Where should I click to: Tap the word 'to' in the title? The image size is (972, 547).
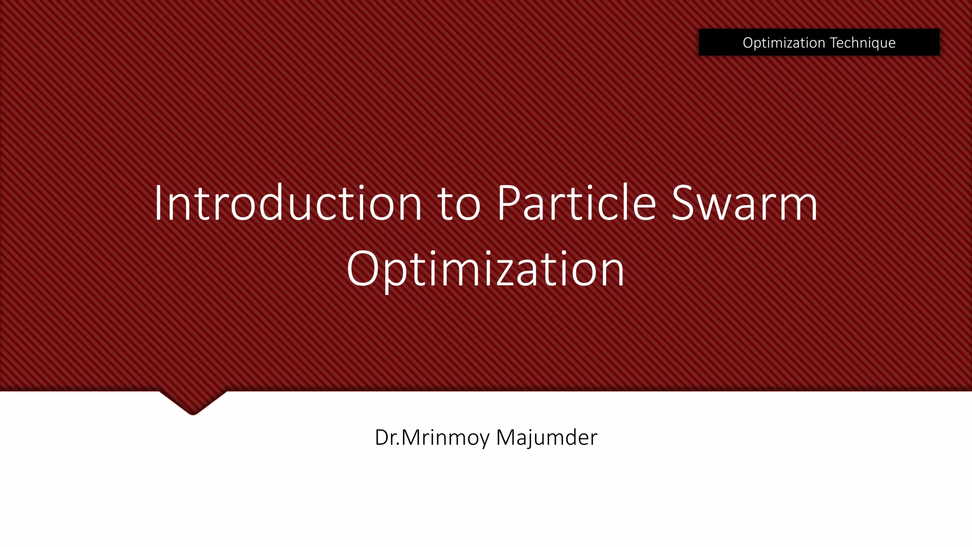click(x=459, y=204)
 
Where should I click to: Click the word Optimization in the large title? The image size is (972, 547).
click(x=485, y=270)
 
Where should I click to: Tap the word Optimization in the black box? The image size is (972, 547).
click(x=784, y=43)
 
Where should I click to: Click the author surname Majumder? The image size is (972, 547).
click(x=546, y=437)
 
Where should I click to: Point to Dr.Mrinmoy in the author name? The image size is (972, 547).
click(x=432, y=437)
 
